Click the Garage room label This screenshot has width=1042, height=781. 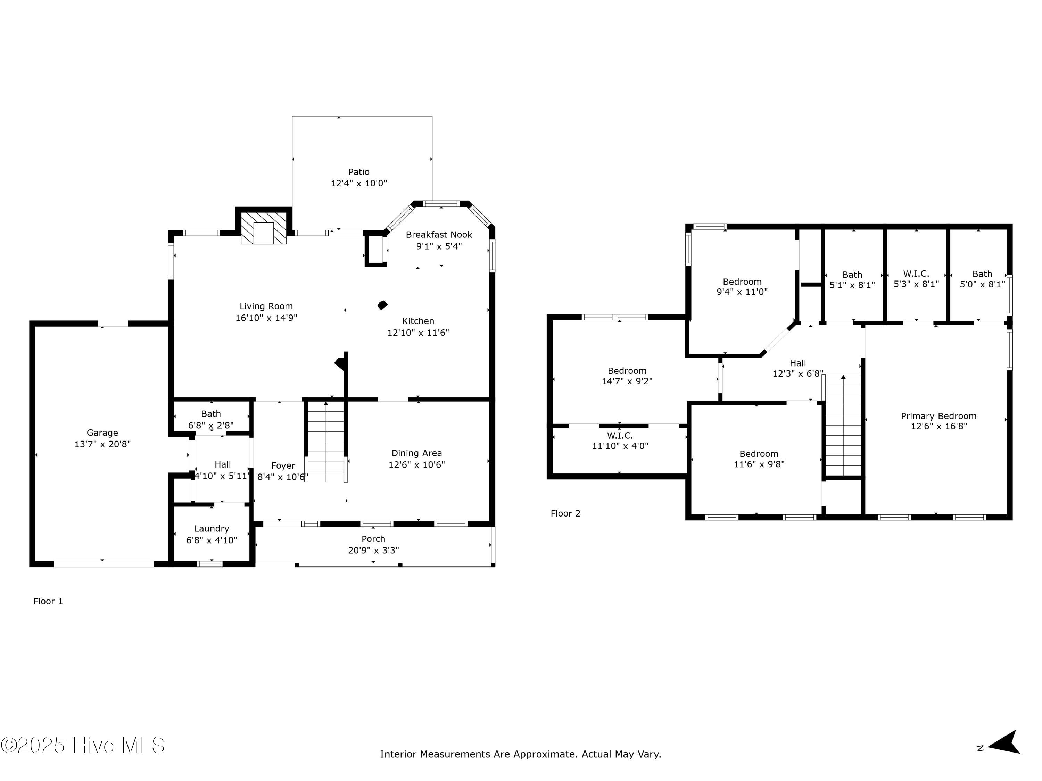(102, 433)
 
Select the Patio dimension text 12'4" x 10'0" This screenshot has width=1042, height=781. (359, 183)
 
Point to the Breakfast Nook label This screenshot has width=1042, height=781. (439, 234)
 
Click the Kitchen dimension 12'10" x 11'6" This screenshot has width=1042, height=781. (418, 333)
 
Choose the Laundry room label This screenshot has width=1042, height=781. (212, 529)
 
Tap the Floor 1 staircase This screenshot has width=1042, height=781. (326, 442)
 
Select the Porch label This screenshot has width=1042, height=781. (373, 539)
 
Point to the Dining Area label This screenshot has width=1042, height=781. (417, 453)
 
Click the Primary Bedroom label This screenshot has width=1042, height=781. (939, 416)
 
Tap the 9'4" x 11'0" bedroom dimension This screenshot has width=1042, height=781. (742, 292)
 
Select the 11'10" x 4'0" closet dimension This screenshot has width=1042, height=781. (620, 446)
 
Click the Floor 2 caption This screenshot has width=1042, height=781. (565, 514)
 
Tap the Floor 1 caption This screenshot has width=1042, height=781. (48, 601)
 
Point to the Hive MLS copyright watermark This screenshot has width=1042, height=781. (83, 745)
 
